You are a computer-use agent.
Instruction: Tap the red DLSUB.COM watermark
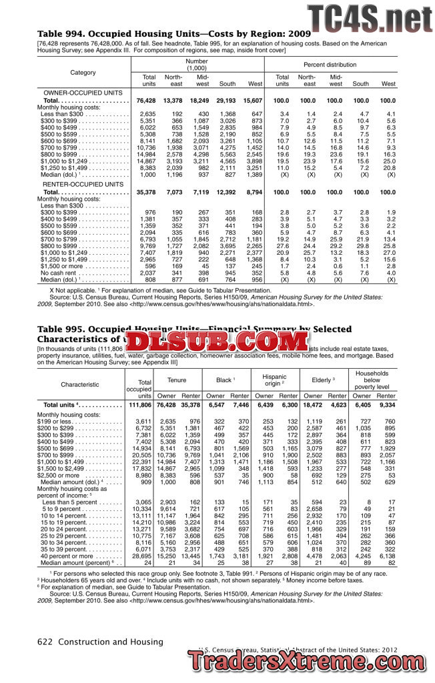pyautogui.click(x=217, y=343)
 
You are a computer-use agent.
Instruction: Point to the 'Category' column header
pyautogui.click(x=83, y=72)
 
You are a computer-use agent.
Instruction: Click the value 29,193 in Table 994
pyautogui.click(x=227, y=100)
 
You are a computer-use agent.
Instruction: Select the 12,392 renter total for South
pyautogui.click(x=226, y=191)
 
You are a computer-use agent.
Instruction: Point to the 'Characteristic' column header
pyautogui.click(x=79, y=384)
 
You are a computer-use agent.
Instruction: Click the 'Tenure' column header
pyautogui.click(x=177, y=380)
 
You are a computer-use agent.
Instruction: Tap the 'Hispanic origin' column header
pyautogui.click(x=274, y=380)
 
